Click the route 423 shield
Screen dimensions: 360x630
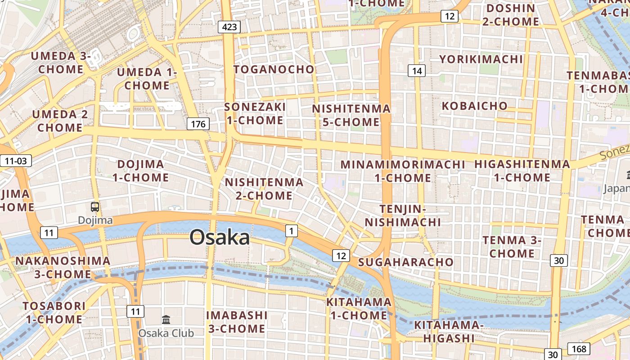229,27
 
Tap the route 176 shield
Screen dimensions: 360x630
198,124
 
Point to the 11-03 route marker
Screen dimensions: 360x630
16,161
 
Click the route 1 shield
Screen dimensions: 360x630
292,231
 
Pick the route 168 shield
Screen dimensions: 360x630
580,349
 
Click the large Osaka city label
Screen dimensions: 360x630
220,237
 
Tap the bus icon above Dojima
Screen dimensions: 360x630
95,207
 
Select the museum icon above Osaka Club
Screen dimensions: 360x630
166,319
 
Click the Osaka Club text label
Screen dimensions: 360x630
166,333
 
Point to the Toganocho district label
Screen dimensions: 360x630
274,69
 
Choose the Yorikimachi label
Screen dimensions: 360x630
481,59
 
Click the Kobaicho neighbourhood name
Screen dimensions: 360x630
475,106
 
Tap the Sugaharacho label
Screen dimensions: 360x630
406,262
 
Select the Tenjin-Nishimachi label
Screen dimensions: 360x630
403,216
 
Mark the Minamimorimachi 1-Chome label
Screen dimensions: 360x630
403,171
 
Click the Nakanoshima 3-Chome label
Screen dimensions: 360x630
63,267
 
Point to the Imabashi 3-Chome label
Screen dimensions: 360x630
237,322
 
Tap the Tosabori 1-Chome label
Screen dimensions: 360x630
54,313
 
